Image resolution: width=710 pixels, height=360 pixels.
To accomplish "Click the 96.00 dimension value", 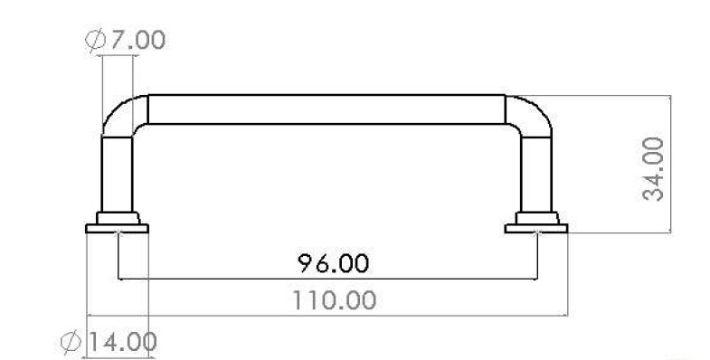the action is pyautogui.click(x=333, y=263).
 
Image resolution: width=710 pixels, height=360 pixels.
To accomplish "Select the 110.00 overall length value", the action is pyautogui.click(x=334, y=299).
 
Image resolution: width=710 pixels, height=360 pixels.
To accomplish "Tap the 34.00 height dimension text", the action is pyautogui.click(x=653, y=169).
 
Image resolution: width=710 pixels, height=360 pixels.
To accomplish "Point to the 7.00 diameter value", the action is pyautogui.click(x=137, y=40).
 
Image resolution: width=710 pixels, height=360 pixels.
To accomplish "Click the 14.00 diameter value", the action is pyautogui.click(x=121, y=341).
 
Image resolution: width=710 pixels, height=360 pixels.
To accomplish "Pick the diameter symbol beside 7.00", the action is pyautogui.click(x=96, y=40).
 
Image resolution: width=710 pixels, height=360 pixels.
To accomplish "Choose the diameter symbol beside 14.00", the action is pyautogui.click(x=71, y=342).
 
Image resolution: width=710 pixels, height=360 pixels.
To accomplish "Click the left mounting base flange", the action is pyautogui.click(x=117, y=229).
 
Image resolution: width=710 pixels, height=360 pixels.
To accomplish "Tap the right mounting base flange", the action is pyautogui.click(x=536, y=229).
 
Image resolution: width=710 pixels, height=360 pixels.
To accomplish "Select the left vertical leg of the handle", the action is pyautogui.click(x=117, y=175).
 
